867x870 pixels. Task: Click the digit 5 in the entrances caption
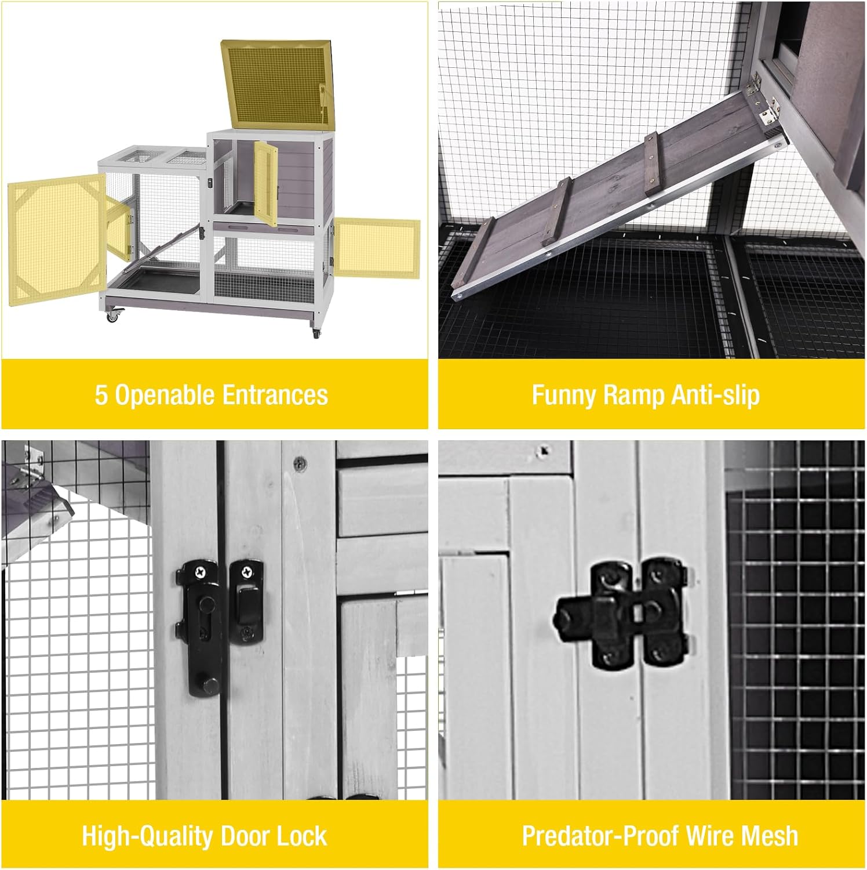(101, 396)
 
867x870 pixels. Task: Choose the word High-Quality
(148, 836)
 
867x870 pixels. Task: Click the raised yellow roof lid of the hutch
(277, 84)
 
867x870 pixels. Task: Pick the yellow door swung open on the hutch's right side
(377, 246)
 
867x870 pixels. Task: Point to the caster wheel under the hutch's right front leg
(316, 333)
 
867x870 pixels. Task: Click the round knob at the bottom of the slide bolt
(210, 686)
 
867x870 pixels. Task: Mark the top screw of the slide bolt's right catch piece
(247, 571)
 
